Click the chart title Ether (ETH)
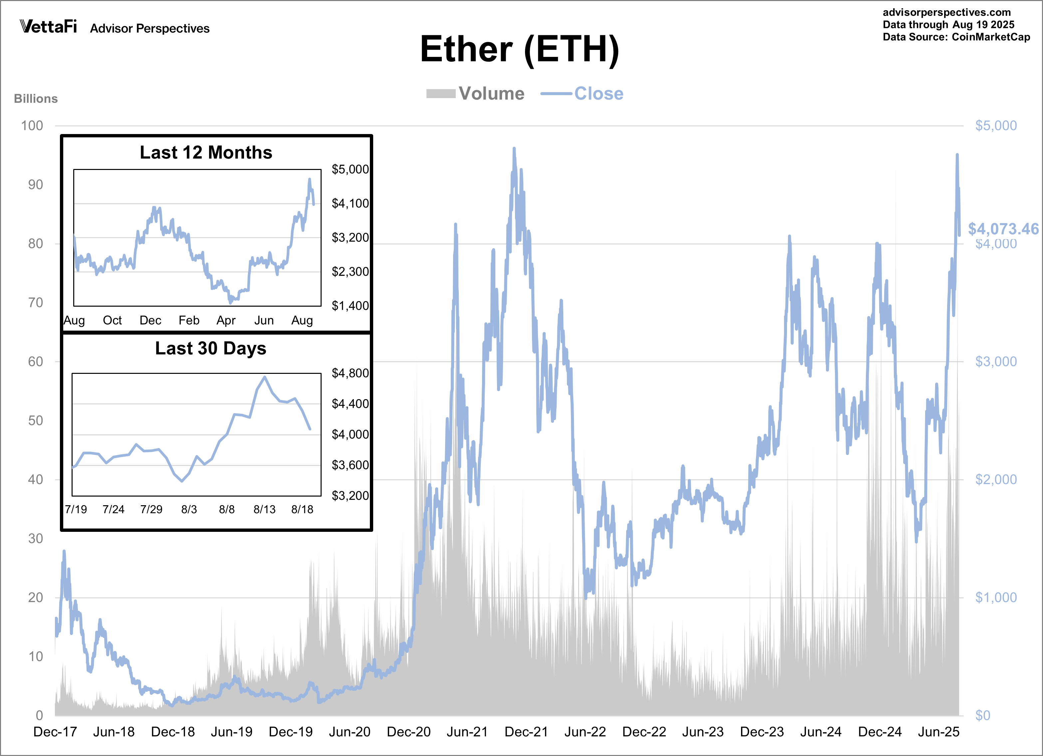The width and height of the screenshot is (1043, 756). point(520,50)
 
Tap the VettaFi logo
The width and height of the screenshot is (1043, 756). point(48,27)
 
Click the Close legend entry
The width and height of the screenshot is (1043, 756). point(583,94)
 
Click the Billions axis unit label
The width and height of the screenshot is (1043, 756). point(36,99)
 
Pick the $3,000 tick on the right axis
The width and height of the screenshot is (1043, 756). point(996,362)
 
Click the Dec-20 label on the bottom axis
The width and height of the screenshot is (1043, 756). point(408,732)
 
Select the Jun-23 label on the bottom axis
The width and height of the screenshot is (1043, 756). point(703,732)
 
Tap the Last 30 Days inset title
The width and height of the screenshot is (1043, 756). point(211,348)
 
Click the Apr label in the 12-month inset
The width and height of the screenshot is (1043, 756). point(226,320)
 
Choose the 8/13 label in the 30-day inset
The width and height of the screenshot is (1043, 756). point(264,509)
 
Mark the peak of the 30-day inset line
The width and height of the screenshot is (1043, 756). point(264,377)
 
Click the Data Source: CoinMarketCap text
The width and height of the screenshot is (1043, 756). point(956,37)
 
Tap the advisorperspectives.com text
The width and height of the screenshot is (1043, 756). point(946,12)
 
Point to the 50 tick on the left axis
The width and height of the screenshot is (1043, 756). point(35,420)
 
